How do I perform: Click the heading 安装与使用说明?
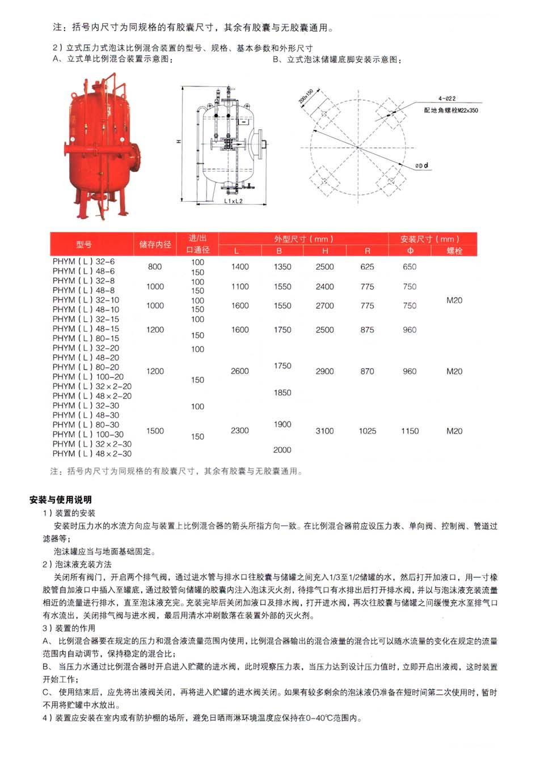pos(60,500)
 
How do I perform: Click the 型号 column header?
pos(84,244)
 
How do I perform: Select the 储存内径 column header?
pos(155,244)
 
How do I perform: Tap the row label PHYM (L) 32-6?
pos(83,262)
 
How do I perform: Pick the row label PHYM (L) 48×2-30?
pos(92,454)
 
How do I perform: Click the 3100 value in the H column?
pos(324,431)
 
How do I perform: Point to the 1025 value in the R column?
pos(367,431)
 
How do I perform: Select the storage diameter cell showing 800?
pos(155,267)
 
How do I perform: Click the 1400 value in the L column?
pos(240,267)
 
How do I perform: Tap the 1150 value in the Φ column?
pos(410,431)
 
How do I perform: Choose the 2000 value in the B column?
pos(282,450)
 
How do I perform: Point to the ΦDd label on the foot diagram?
pos(421,165)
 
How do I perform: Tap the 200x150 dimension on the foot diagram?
pos(306,97)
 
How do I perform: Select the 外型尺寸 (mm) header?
pos(303,239)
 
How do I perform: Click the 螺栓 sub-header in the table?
pos(454,250)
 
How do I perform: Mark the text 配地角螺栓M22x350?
pos(451,110)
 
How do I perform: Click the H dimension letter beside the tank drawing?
pos(179,141)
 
